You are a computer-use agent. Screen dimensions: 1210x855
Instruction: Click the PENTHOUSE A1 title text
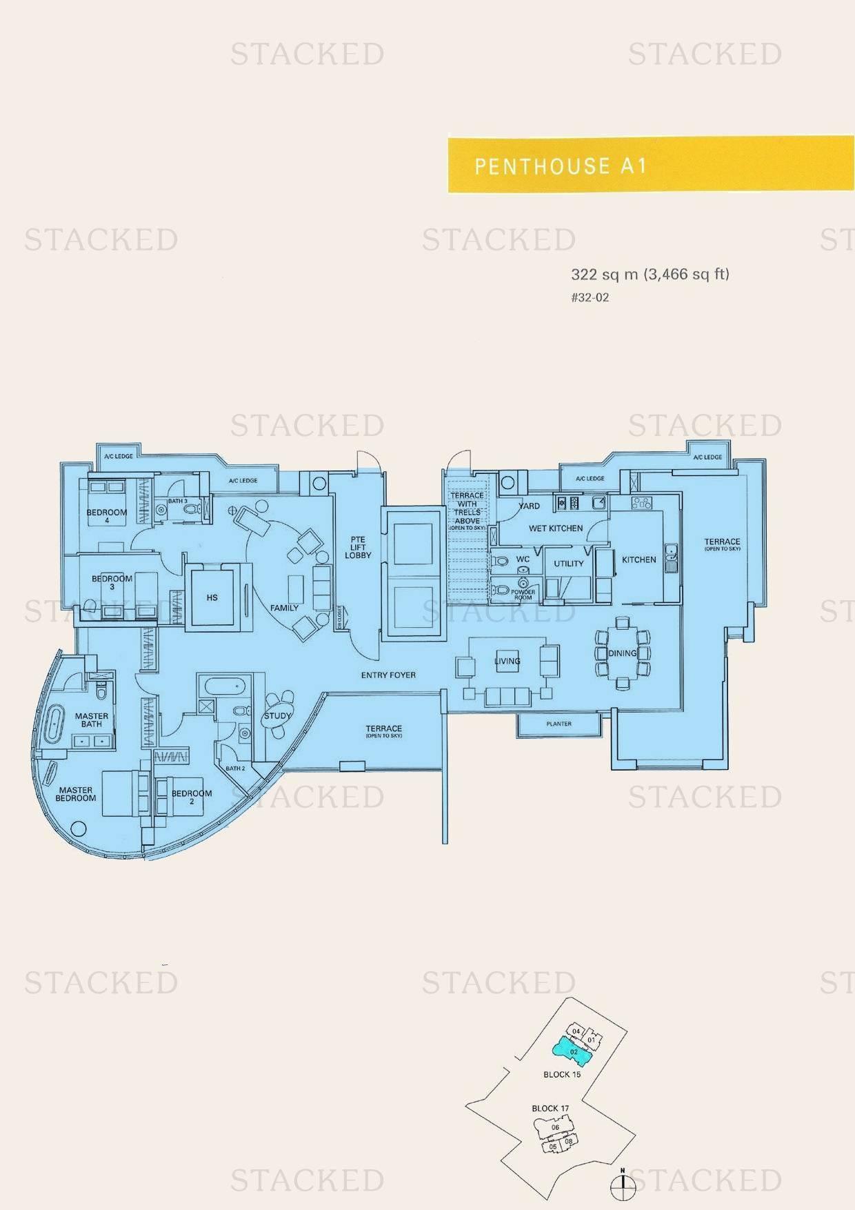coord(560,166)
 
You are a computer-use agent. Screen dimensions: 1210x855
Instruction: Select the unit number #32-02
coord(590,298)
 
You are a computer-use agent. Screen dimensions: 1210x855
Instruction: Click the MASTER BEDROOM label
coord(75,794)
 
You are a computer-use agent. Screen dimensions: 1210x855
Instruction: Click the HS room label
coord(212,597)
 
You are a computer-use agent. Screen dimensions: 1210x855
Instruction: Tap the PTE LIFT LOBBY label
coord(358,547)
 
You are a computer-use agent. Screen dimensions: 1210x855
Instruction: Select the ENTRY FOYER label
coord(388,675)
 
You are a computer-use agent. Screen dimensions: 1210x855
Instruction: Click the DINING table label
coord(622,653)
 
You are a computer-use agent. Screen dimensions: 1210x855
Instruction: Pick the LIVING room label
coord(507,661)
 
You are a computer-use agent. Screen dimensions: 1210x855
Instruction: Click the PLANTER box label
coord(559,724)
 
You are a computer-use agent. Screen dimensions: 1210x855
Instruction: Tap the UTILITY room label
coord(568,564)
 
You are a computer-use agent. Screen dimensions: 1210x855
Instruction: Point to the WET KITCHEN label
coord(555,528)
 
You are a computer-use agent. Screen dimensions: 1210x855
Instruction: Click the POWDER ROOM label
coord(523,595)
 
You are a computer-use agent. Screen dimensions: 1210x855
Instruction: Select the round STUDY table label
coord(277,715)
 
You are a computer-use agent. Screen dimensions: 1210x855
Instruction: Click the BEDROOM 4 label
coord(106,516)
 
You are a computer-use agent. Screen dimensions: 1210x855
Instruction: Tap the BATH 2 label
coord(234,768)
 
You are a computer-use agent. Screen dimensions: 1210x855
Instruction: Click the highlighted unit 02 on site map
coord(573,1052)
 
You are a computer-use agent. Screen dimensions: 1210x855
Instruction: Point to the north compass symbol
coord(623,1185)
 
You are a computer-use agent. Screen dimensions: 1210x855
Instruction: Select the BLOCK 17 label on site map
coord(550,1109)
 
